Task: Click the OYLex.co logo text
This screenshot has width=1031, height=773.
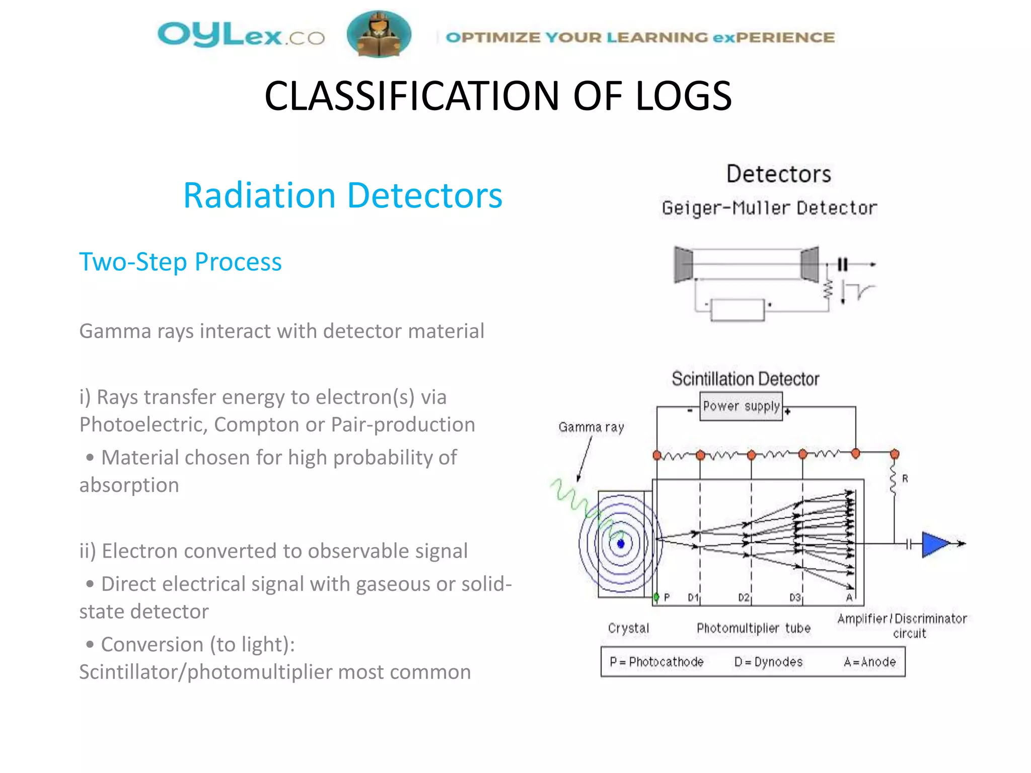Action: click(241, 36)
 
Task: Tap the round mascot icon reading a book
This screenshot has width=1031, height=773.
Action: click(379, 34)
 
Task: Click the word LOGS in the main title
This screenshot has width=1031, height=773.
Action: click(683, 96)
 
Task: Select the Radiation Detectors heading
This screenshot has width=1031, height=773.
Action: click(342, 195)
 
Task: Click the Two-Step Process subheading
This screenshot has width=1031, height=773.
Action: click(180, 262)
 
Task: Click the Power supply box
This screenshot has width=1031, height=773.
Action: click(741, 406)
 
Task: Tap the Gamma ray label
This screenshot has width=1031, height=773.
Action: click(591, 427)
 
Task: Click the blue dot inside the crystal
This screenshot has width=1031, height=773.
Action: click(621, 544)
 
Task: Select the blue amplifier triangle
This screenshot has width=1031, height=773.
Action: click(934, 544)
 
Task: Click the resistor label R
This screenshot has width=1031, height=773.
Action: click(905, 479)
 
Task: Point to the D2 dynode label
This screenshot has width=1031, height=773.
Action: click(744, 597)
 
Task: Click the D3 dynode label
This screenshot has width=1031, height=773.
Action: click(795, 597)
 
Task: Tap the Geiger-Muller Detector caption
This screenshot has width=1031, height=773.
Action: click(769, 208)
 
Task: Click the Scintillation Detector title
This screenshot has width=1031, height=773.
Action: click(745, 379)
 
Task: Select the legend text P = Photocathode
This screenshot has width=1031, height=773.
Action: click(656, 662)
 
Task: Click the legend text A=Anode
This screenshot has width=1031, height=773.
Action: click(869, 662)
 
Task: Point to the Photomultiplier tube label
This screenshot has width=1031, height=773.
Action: click(753, 628)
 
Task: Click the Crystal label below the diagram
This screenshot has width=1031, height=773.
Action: click(628, 628)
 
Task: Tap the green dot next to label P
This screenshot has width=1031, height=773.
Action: click(656, 597)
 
